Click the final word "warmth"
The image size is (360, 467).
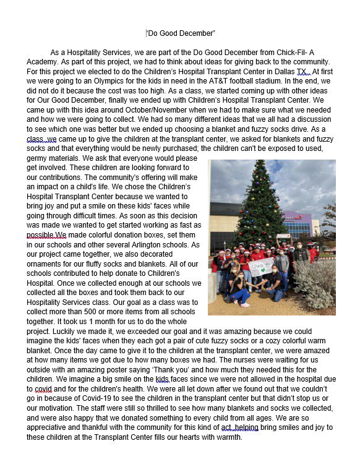pyautogui.click(x=225, y=437)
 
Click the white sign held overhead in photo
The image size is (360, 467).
pyautogui.click(x=284, y=236)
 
